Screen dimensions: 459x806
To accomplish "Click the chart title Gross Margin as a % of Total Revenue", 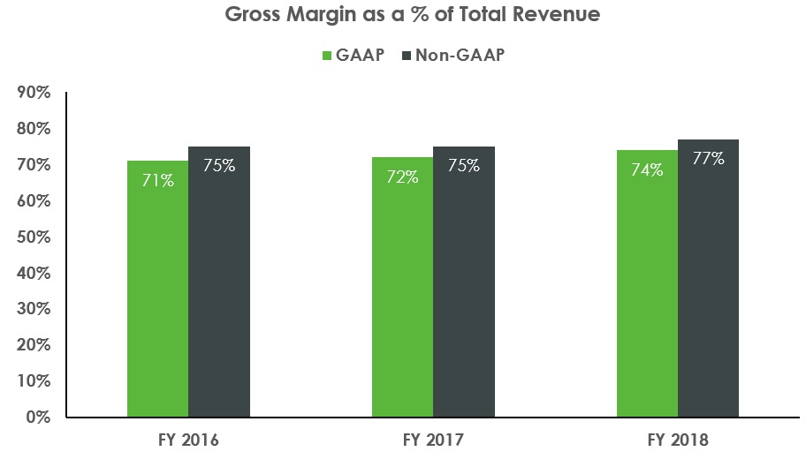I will tap(403, 16).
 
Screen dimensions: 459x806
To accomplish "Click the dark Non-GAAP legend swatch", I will tap(407, 55).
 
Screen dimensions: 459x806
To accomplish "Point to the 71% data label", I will tap(158, 180).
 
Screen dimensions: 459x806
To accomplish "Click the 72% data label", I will tap(403, 177).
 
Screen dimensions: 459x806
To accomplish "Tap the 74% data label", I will tap(647, 169).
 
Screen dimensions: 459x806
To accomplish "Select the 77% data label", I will tap(708, 159).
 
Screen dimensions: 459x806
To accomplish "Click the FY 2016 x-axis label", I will tap(188, 439).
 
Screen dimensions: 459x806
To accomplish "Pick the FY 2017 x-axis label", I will tap(433, 439).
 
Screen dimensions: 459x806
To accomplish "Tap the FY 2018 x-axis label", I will tap(678, 439).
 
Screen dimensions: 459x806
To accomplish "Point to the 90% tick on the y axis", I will tap(34, 93).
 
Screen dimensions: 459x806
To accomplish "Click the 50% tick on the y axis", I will tap(34, 237).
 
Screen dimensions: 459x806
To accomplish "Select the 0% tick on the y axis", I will tap(38, 417).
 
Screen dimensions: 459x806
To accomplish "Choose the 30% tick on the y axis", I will tap(34, 309).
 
